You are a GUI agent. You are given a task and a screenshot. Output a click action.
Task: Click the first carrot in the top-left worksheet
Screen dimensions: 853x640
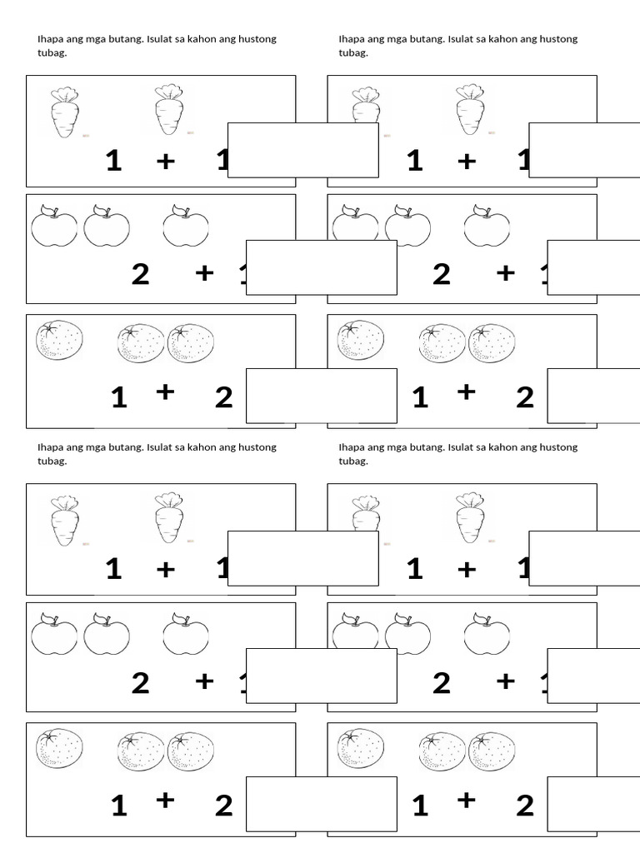point(63,112)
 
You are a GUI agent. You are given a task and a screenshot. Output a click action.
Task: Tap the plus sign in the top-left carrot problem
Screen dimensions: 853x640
point(166,161)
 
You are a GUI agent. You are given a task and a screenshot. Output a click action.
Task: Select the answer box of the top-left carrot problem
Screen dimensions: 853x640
point(302,150)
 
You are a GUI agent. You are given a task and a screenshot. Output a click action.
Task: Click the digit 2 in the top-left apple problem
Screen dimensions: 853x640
point(140,273)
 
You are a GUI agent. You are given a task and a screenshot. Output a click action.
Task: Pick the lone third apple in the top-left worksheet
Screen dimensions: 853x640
point(185,226)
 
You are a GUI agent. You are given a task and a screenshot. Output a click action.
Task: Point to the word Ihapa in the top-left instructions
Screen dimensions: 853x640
point(51,39)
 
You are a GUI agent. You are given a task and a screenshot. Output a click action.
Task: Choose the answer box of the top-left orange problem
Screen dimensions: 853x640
point(321,396)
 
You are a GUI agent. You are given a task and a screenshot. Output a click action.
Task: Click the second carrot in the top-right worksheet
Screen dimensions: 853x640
point(470,109)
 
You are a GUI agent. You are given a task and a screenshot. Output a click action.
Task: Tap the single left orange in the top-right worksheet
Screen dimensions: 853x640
point(361,341)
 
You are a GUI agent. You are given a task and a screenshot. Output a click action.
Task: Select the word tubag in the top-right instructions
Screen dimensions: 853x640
point(352,52)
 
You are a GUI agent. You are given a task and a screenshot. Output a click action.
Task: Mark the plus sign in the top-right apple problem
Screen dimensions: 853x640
point(505,272)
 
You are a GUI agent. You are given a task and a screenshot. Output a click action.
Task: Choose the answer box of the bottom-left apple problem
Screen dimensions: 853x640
point(321,676)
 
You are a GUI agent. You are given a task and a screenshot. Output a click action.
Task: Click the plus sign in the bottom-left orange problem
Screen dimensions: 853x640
point(165,801)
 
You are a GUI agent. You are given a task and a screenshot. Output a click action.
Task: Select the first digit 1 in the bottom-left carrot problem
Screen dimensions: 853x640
point(113,569)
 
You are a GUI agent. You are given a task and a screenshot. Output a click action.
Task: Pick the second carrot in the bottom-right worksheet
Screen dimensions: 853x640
point(470,517)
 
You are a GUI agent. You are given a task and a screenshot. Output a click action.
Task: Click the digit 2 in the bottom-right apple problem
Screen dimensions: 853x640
point(441,682)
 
